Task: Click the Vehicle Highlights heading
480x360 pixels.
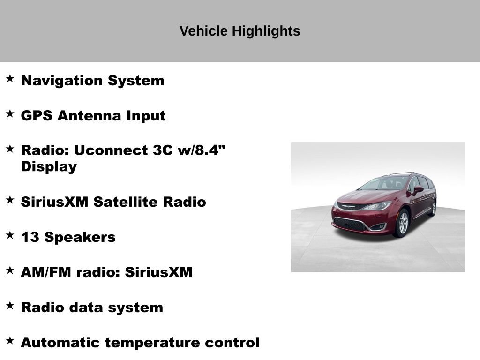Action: pyautogui.click(x=240, y=31)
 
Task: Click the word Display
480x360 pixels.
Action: pyautogui.click(x=49, y=167)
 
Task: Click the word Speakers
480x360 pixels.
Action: pyautogui.click(x=80, y=237)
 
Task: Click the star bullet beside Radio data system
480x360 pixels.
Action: pyautogui.click(x=10, y=305)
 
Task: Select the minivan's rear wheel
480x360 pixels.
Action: pyautogui.click(x=432, y=208)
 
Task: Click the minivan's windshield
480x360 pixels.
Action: pyautogui.click(x=384, y=183)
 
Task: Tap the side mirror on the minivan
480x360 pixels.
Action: pyautogui.click(x=417, y=189)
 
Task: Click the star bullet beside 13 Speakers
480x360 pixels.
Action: pyautogui.click(x=10, y=235)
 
